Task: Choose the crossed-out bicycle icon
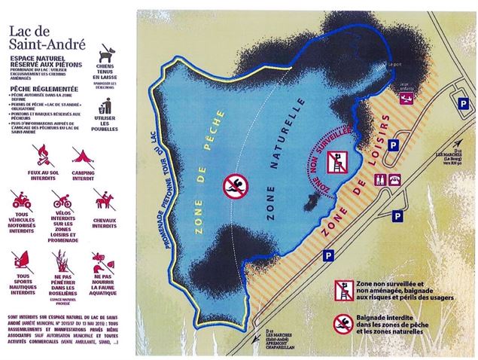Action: click(62, 200)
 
